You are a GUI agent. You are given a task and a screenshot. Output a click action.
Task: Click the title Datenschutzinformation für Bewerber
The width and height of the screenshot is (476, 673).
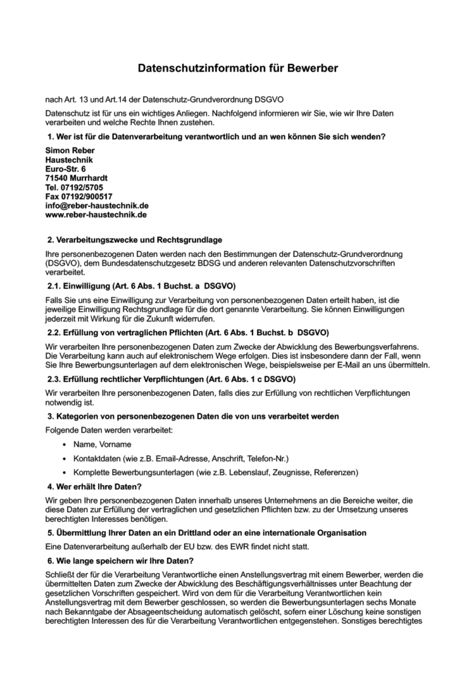[x=237, y=68]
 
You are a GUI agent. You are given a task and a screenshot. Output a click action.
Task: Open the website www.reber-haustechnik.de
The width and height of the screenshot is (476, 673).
[x=95, y=215]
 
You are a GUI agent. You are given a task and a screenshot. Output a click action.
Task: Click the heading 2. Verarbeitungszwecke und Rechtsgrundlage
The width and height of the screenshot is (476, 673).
[x=139, y=240]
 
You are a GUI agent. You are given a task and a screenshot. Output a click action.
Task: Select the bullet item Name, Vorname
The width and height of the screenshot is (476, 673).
[x=102, y=445]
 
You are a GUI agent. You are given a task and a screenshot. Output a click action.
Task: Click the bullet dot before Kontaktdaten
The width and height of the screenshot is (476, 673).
[x=64, y=458]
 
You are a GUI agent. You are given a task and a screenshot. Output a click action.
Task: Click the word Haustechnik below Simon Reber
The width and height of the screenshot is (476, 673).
[x=69, y=160]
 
